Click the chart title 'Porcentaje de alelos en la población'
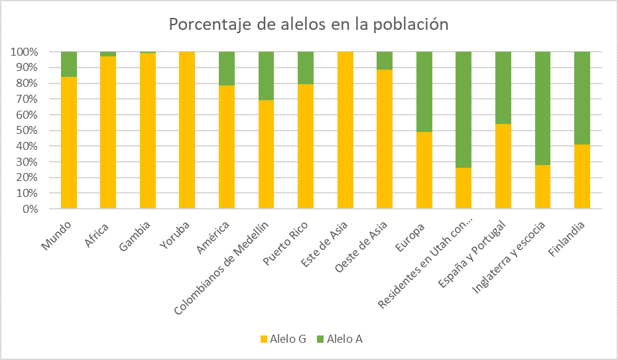click(x=309, y=25)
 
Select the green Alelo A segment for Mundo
click(x=69, y=64)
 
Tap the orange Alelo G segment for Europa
click(x=424, y=170)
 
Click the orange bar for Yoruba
click(x=187, y=131)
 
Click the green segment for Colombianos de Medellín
click(x=267, y=76)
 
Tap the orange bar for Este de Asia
click(x=345, y=131)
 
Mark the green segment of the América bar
click(x=227, y=68)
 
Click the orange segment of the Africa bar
click(x=108, y=133)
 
